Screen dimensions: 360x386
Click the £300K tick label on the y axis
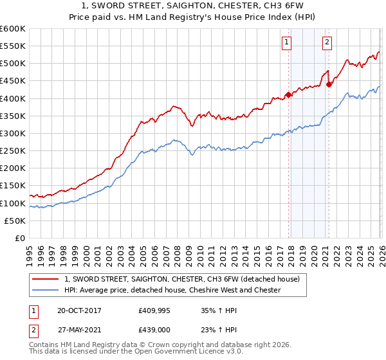(12, 133)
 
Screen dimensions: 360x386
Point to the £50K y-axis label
(15, 221)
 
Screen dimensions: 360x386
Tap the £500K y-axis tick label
(12, 63)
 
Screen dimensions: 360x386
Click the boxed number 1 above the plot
(286, 43)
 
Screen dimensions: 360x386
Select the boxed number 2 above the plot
(327, 43)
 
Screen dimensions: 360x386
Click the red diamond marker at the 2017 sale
(288, 94)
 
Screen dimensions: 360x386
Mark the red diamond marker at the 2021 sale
(329, 84)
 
